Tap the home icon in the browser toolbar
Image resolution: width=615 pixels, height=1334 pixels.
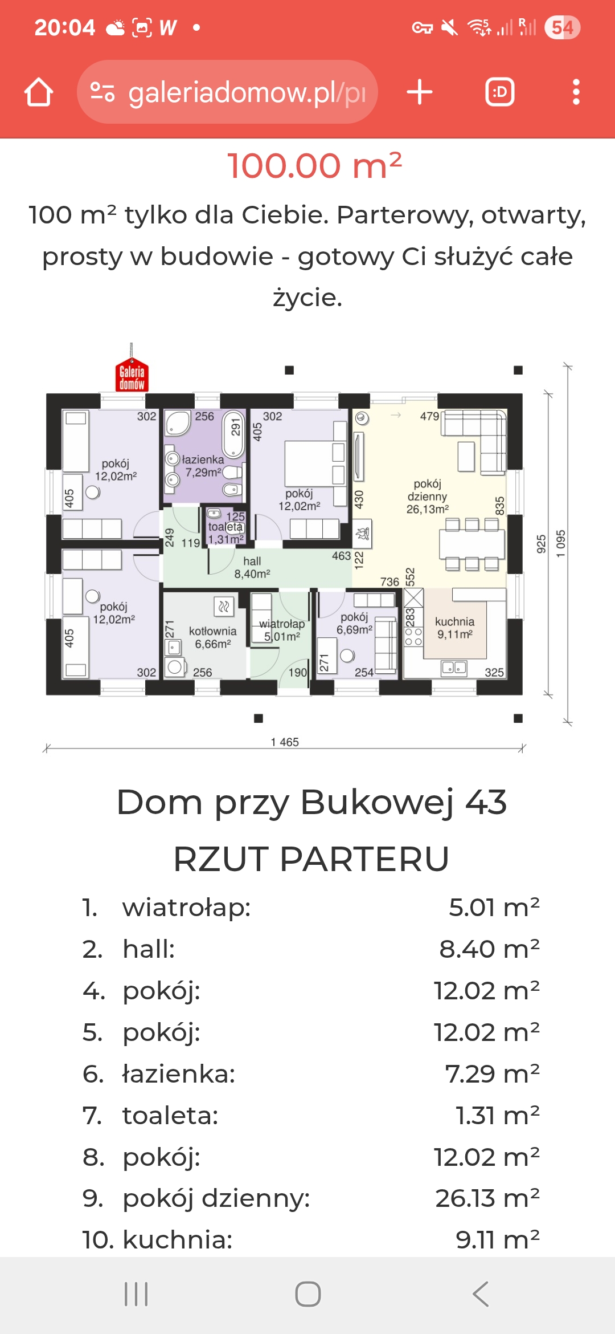tap(39, 92)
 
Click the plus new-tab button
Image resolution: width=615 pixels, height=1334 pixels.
tap(420, 92)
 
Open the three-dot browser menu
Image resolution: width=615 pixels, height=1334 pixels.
tap(576, 92)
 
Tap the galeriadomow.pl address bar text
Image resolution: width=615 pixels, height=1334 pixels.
tap(247, 92)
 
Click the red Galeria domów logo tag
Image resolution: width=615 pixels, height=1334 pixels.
tap(132, 375)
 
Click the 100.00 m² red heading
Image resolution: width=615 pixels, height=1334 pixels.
tap(315, 166)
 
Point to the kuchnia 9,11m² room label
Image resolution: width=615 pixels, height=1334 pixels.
tap(454, 628)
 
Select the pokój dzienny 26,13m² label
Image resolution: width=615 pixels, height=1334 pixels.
tap(428, 496)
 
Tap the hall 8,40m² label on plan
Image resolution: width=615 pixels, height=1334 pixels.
tap(252, 567)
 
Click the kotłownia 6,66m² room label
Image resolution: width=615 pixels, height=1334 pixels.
tap(213, 637)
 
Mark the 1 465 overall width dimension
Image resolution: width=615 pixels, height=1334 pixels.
tap(285, 742)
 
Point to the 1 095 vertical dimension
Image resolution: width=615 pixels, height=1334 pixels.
tap(561, 544)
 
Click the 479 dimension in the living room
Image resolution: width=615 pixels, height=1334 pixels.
tap(429, 416)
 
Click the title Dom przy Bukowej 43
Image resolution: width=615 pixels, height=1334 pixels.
tap(311, 802)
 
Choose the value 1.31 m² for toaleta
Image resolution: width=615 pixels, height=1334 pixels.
tap(498, 1115)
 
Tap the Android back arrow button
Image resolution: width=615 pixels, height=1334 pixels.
tap(481, 1294)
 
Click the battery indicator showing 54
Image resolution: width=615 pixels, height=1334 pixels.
tap(562, 27)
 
